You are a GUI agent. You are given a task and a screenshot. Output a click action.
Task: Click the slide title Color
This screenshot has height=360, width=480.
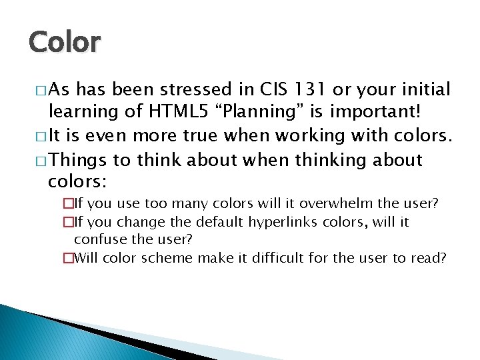click(x=64, y=41)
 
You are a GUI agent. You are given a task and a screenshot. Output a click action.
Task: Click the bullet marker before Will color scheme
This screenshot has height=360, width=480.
click(x=67, y=258)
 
